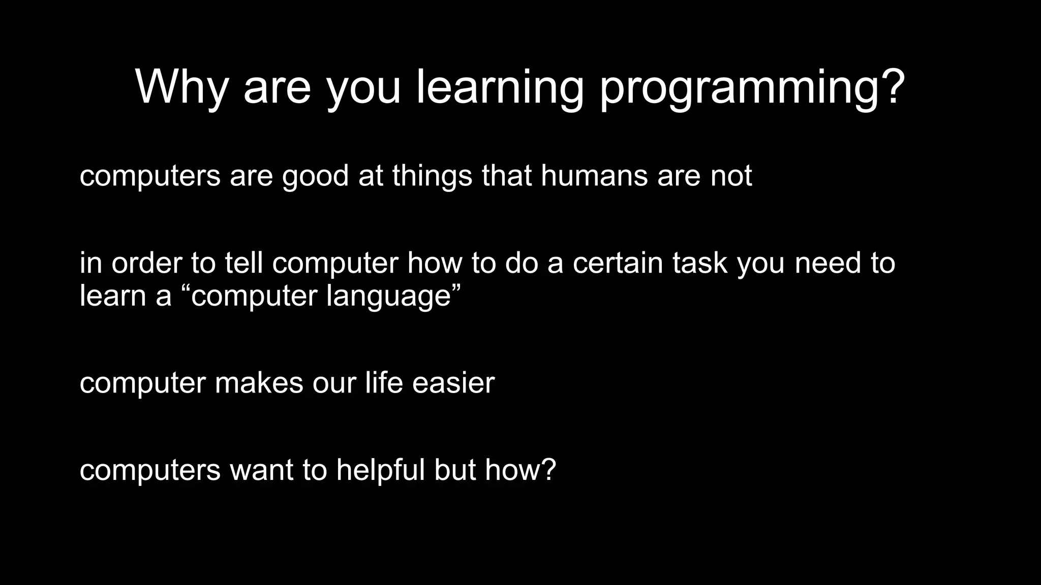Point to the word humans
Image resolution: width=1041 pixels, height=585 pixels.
(x=594, y=176)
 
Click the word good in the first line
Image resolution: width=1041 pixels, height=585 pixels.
(x=315, y=177)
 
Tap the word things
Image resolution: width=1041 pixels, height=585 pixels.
(x=432, y=177)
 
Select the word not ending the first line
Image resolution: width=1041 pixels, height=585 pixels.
(x=731, y=176)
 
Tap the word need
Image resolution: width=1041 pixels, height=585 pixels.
(x=828, y=263)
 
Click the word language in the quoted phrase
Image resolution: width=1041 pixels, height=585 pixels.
(x=389, y=297)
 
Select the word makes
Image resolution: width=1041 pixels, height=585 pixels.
(x=259, y=382)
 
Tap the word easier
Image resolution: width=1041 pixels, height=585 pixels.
(x=453, y=382)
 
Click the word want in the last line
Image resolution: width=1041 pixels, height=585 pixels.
(x=261, y=471)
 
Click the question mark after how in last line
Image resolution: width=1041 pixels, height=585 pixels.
(x=548, y=470)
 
